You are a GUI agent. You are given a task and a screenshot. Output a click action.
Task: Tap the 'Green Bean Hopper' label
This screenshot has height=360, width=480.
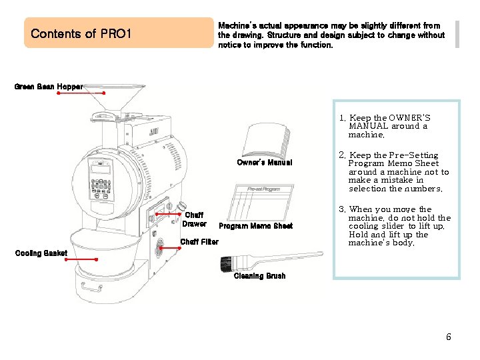coord(49,87)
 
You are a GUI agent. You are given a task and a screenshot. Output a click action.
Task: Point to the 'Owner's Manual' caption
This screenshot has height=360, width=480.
coord(265,163)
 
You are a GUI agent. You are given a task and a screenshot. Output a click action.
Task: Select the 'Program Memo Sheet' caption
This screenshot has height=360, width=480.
coord(255,226)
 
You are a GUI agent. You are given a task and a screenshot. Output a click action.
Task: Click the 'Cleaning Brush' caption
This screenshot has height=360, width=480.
coord(259,276)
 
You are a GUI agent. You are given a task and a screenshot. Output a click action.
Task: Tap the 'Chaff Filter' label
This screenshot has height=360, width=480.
coord(199,242)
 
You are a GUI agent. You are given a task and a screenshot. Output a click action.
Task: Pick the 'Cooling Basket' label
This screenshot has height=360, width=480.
coord(41,253)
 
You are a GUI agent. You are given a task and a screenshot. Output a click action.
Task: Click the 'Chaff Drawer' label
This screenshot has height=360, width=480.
coord(194,219)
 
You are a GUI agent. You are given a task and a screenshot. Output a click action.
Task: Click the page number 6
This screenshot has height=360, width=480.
coord(449,337)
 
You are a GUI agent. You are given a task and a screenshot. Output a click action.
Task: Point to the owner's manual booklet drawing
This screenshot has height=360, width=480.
coord(266,140)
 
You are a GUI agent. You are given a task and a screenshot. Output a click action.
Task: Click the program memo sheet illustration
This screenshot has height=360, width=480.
coord(261,203)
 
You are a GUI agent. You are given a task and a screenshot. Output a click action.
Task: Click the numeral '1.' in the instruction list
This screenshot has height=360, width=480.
coord(342,118)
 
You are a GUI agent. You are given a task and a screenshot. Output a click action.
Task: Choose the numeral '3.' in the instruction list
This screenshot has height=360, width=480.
coord(342,209)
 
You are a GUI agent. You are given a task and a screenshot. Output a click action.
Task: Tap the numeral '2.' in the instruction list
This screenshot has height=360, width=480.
coord(342,155)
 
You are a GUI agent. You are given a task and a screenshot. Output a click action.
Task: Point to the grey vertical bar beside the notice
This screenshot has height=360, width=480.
coord(457,34)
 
